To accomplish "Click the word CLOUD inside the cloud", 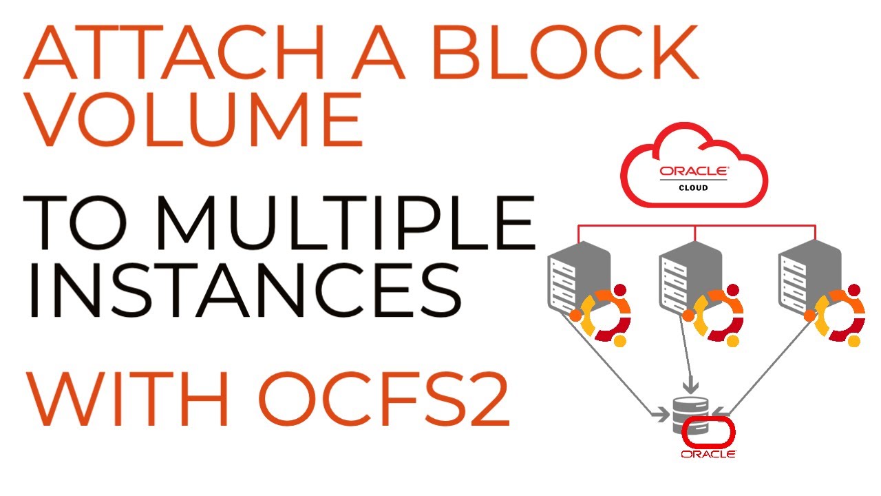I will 694,187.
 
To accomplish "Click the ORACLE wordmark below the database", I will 708,455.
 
